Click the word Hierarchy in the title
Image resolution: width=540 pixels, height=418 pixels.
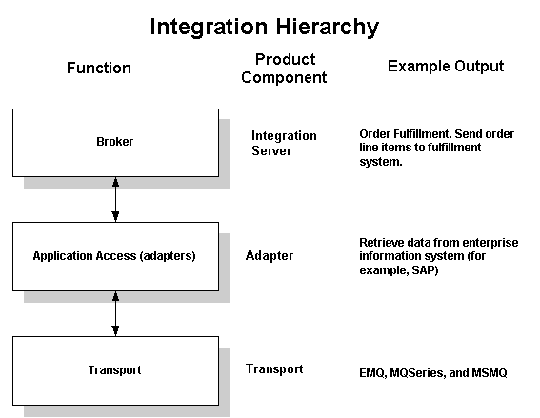[x=328, y=28]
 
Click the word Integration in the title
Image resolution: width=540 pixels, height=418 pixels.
[x=209, y=28]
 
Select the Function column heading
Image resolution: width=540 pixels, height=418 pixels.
[x=99, y=68]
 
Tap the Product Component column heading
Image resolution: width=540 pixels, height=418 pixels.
[x=284, y=69]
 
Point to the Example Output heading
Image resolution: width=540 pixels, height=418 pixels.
[x=446, y=66]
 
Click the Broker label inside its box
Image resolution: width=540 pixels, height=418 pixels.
[x=114, y=142]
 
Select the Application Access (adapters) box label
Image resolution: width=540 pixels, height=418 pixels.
[x=114, y=256]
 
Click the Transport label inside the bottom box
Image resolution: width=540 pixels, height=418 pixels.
[x=114, y=370]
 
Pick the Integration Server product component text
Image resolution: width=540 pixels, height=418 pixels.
[x=284, y=143]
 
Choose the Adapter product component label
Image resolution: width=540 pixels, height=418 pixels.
[x=270, y=255]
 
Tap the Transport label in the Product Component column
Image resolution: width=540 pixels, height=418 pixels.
[x=274, y=368]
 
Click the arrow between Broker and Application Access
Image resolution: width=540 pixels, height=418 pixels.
[x=116, y=199]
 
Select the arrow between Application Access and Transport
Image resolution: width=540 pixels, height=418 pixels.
[x=116, y=313]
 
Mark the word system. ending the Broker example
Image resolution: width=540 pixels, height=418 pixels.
[x=381, y=162]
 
